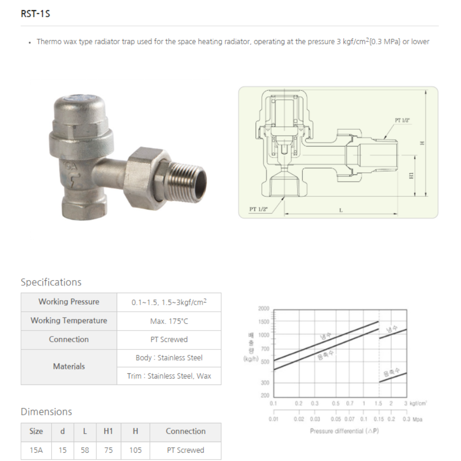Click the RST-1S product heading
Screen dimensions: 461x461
[35, 14]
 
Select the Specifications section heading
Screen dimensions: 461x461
[51, 282]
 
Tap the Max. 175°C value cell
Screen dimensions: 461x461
[169, 321]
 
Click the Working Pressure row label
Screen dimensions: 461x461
[69, 302]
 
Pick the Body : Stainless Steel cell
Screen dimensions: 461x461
[169, 358]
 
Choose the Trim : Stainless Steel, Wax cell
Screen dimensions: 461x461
[169, 376]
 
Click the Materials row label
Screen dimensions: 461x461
[69, 366]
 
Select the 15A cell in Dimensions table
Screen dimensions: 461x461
[36, 450]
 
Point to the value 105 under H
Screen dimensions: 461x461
[136, 450]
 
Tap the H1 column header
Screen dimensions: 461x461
[108, 431]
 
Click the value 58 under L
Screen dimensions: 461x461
[85, 450]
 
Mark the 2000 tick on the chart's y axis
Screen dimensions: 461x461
[264, 308]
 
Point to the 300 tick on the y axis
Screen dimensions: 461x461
[265, 383]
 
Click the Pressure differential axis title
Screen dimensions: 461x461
[344, 431]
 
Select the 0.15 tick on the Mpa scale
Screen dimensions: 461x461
[378, 419]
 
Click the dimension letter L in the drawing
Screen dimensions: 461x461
[341, 210]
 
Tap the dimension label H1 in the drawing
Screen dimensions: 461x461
[412, 176]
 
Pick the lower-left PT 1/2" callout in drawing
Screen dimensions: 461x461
[259, 209]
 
